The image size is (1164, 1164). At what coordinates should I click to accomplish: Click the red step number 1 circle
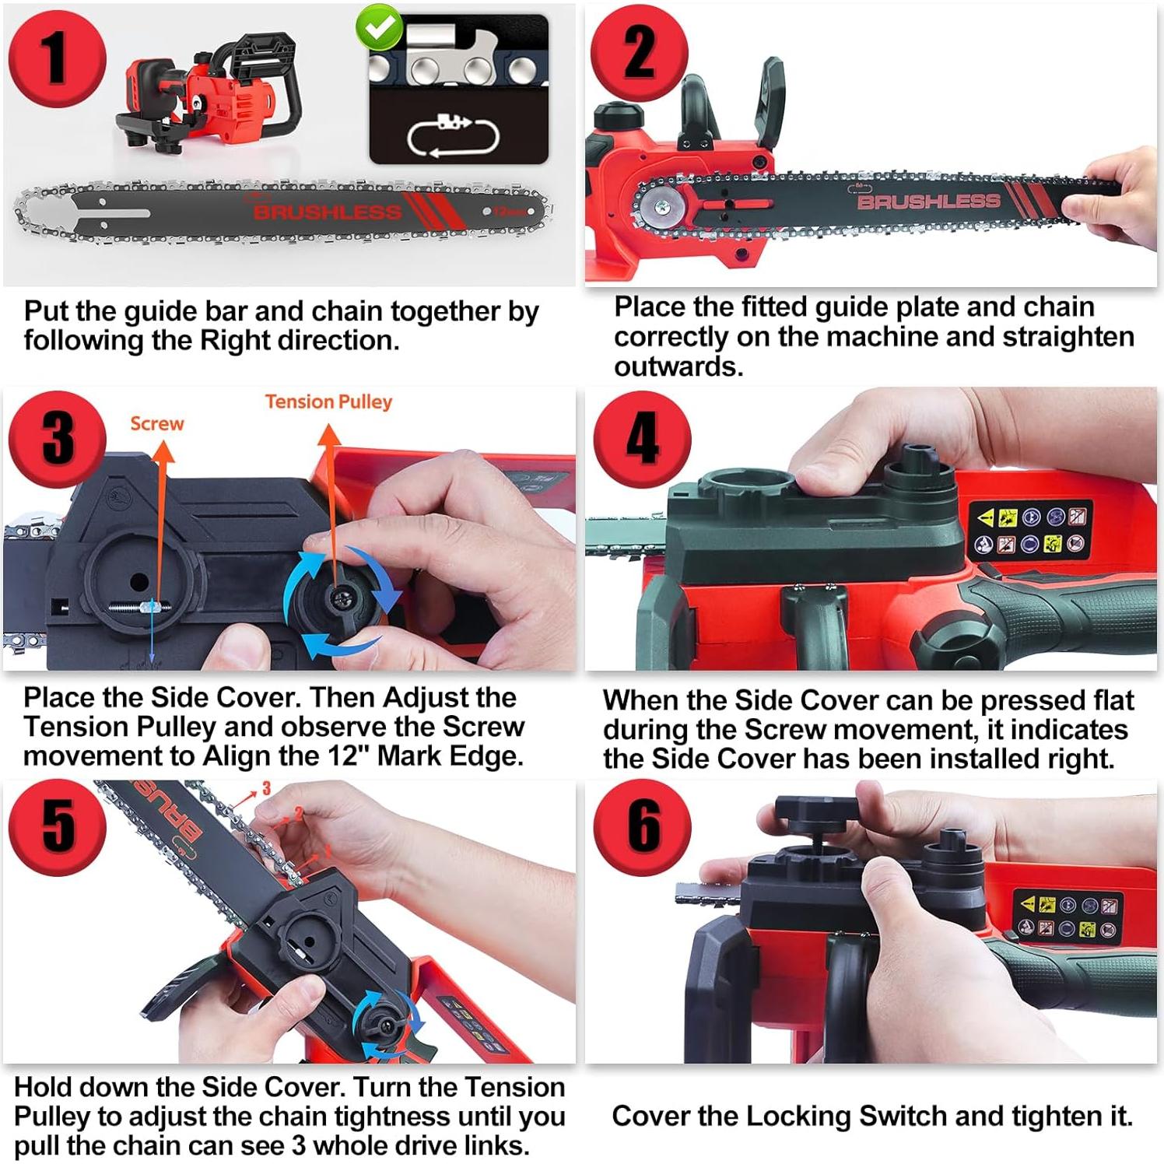57,58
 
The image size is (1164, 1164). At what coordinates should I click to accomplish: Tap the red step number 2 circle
640,52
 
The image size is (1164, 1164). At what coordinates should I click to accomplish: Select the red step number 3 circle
58,438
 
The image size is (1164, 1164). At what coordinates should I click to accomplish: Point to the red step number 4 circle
643,439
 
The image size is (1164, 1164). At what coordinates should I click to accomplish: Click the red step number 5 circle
58,827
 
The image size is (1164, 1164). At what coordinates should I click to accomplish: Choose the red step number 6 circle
643,827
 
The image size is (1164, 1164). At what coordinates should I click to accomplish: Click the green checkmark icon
379,29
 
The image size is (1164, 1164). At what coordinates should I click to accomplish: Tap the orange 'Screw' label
157,423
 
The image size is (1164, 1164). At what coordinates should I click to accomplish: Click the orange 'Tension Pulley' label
328,401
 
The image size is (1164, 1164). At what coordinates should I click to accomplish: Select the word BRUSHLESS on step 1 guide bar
328,212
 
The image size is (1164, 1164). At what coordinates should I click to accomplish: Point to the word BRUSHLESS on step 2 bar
928,202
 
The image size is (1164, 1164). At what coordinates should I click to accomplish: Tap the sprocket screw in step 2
662,207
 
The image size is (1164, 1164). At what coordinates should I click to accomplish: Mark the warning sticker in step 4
1030,529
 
